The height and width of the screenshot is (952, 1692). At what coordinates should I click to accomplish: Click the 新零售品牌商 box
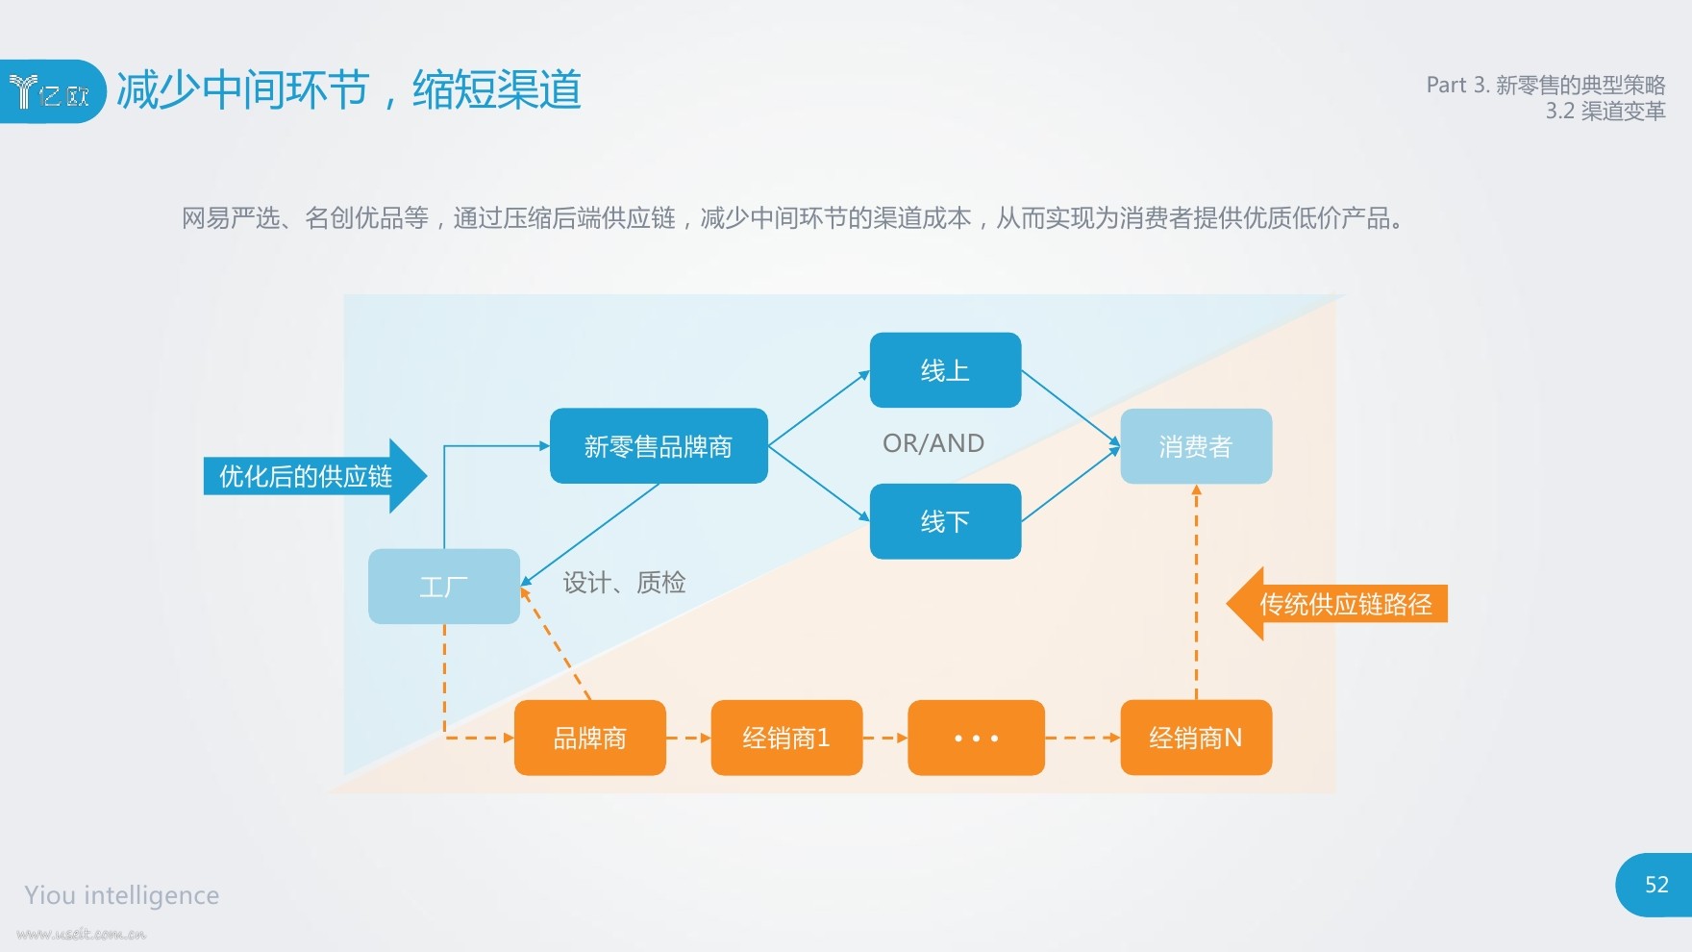659,445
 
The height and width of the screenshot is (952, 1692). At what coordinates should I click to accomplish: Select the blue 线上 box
945,370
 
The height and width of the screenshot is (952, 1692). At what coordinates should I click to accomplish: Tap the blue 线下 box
945,521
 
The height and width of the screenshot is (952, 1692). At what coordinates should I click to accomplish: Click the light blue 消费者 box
1196,446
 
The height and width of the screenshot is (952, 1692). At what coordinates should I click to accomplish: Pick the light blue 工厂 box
444,587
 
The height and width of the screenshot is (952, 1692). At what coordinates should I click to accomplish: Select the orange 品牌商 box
590,738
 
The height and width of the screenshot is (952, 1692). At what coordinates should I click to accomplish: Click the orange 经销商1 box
786,738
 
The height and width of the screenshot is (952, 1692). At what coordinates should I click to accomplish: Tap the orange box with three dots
976,738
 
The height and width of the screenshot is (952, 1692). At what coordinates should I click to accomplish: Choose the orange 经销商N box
1196,738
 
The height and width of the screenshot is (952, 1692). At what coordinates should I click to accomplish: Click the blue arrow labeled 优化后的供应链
315,476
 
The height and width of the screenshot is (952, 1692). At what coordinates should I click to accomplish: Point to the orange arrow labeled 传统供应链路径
1337,604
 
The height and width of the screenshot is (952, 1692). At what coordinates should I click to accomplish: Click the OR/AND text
933,443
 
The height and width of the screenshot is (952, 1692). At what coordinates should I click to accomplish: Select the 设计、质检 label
624,582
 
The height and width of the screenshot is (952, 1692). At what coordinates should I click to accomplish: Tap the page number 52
1656,885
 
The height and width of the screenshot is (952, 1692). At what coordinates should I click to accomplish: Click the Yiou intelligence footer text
122,895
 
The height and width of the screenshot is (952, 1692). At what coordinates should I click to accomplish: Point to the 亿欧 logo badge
52,91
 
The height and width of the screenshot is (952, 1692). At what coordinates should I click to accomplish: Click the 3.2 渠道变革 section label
1605,112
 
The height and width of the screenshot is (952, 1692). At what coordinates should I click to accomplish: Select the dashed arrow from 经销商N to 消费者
1196,592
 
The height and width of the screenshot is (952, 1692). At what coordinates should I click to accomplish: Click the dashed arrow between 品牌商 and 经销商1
688,738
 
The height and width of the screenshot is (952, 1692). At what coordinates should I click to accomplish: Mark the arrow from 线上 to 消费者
1071,409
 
